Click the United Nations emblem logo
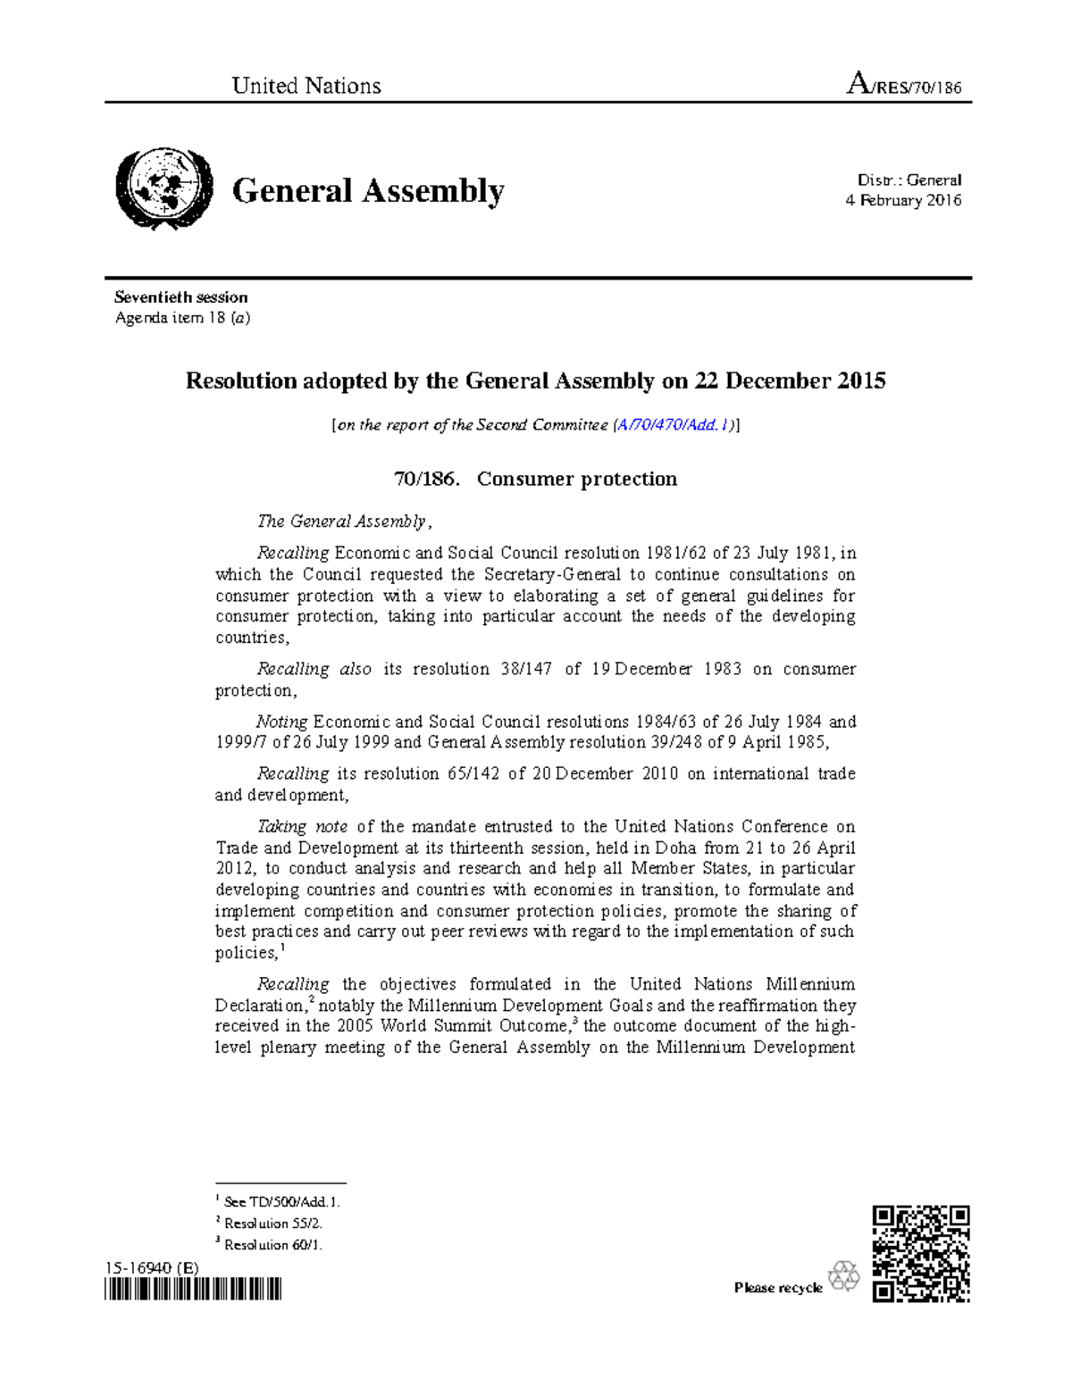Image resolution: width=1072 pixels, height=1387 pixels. pos(163,189)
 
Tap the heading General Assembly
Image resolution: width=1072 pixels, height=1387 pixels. pos(368,191)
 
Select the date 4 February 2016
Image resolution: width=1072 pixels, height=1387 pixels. pos(903,201)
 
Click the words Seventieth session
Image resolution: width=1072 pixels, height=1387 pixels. pos(181,297)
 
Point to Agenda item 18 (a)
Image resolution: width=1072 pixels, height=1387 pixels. pos(182,318)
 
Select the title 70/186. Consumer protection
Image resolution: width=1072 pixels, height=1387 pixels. pos(535,479)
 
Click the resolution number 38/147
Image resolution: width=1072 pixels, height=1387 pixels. pos(526,669)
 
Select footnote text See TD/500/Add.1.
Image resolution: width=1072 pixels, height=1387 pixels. pos(281,1202)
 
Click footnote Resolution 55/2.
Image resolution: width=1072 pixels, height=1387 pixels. pos(272,1224)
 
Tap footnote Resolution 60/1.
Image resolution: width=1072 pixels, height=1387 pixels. pos(272,1245)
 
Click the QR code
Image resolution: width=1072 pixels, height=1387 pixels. pos(920,1253)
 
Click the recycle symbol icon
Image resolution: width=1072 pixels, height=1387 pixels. pos(843,1277)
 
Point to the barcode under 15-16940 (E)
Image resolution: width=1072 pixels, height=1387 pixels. pos(193,1289)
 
